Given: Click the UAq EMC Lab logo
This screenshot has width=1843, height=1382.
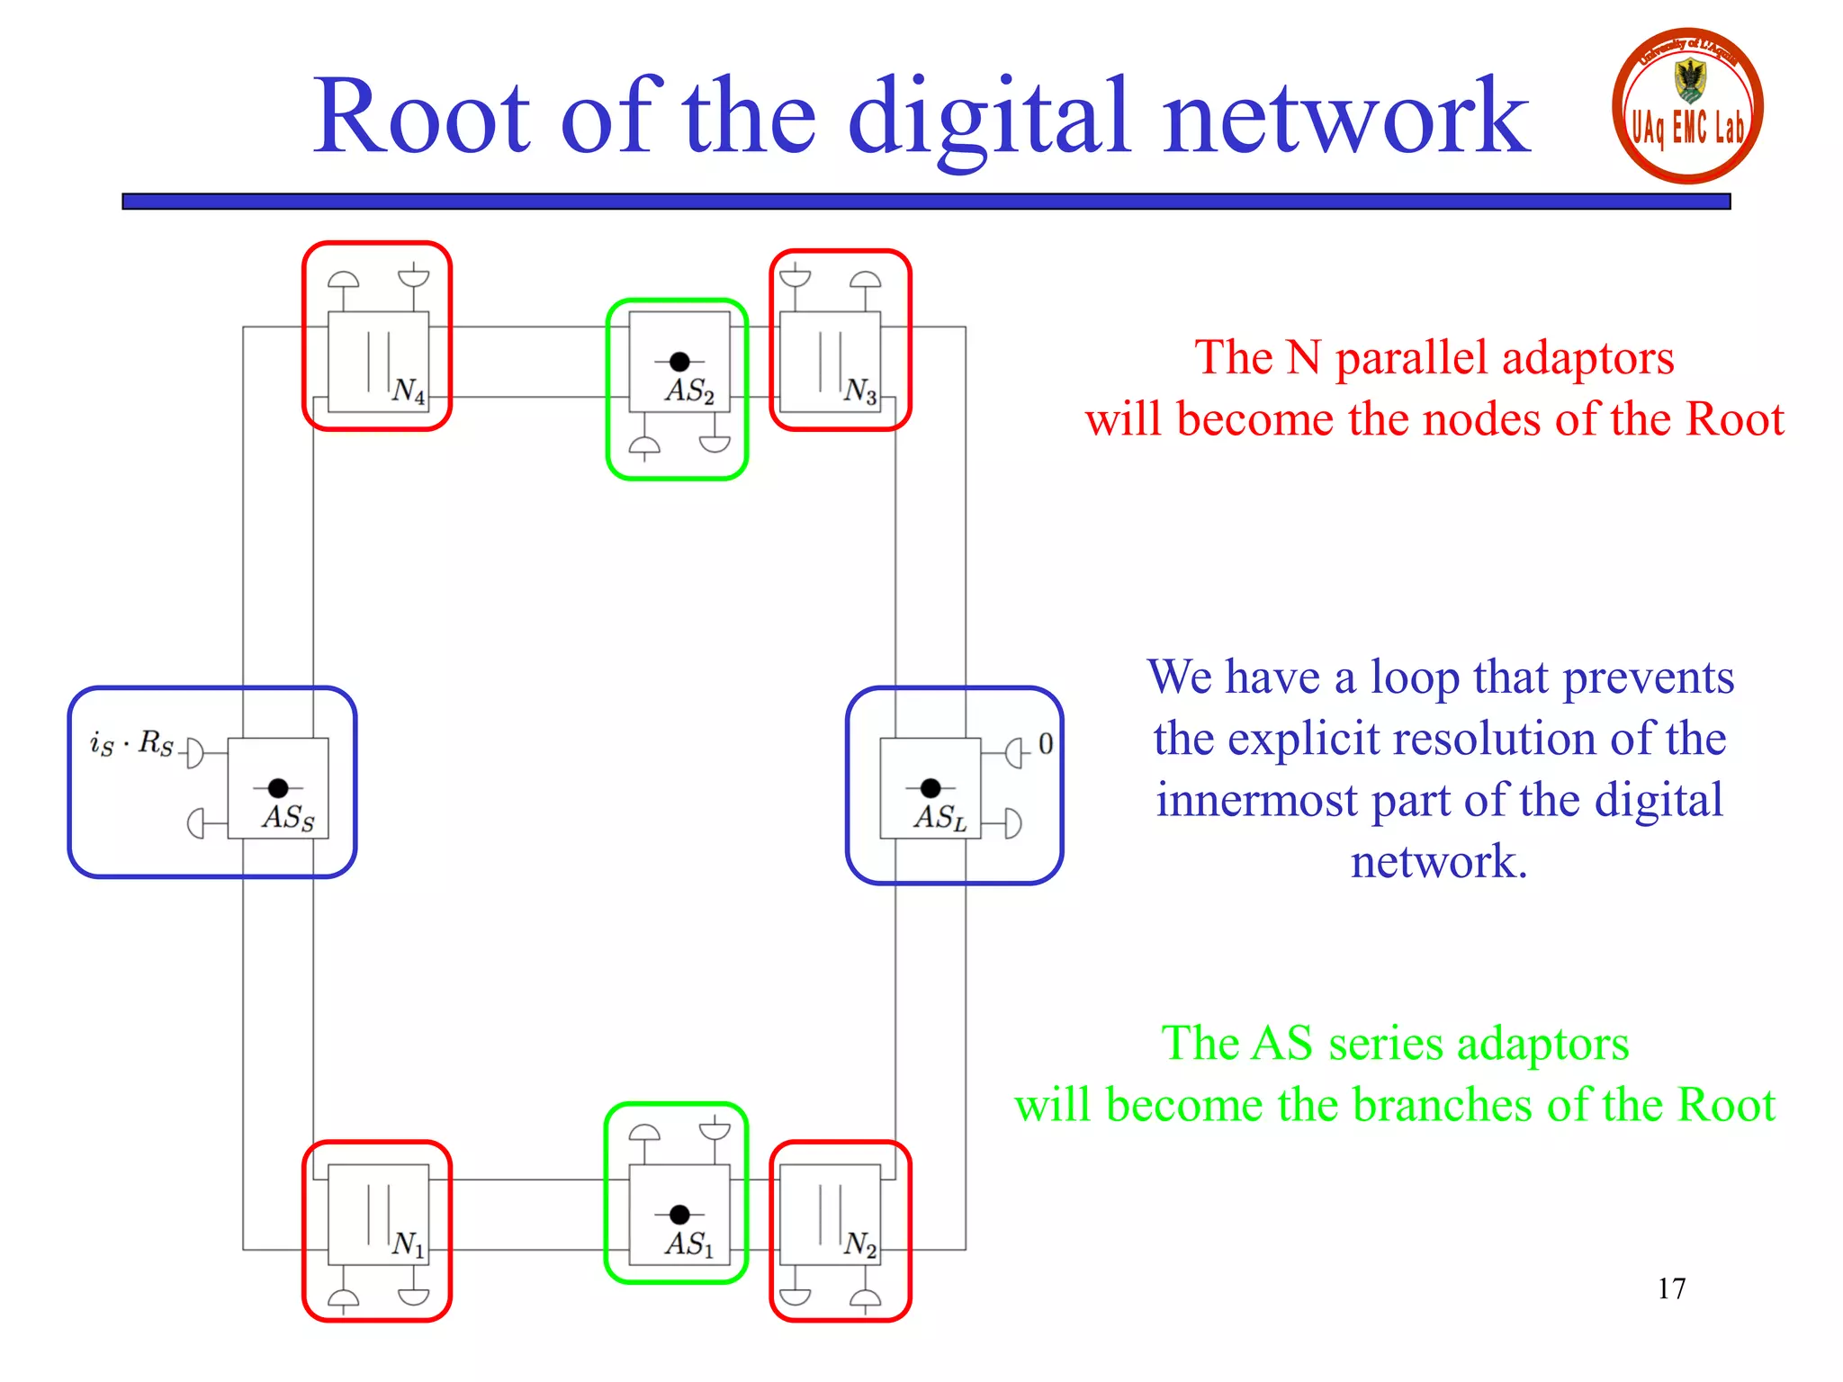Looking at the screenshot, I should click(x=1686, y=106).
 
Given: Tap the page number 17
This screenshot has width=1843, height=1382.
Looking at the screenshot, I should click(x=1671, y=1288).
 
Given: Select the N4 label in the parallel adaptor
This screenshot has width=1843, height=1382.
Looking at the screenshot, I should click(x=409, y=390).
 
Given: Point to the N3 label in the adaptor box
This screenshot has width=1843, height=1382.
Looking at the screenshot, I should click(x=860, y=390).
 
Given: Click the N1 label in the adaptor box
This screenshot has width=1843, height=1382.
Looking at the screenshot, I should click(x=409, y=1244).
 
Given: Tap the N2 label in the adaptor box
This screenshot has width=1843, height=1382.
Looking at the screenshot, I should click(x=860, y=1244).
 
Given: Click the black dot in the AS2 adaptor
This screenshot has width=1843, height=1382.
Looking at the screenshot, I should click(x=680, y=362).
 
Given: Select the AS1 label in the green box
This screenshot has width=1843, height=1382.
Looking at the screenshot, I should click(x=689, y=1244).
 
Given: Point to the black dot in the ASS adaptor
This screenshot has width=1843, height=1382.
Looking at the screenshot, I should click(x=278, y=788).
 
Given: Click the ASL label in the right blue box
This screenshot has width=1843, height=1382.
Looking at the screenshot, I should click(x=939, y=817).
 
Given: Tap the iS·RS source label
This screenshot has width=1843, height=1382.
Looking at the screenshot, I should click(x=131, y=744).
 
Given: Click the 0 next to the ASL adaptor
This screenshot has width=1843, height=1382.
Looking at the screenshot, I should click(x=1045, y=744).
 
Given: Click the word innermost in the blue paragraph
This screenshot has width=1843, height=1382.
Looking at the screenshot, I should click(x=1256, y=800).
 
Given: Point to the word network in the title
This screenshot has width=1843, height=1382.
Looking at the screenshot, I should click(x=1345, y=117).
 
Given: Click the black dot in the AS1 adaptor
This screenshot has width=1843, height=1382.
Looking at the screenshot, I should click(x=680, y=1215).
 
